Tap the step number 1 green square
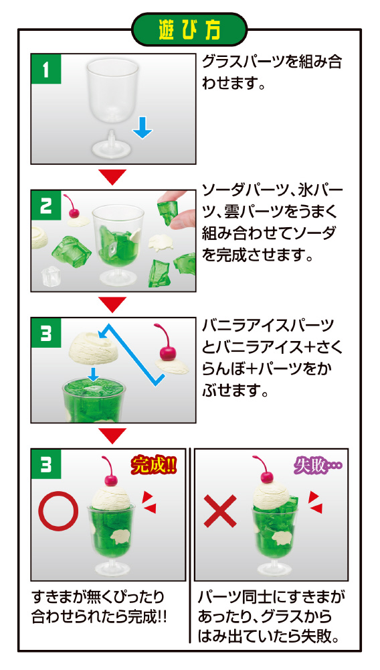coord(46,68)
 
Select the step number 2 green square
coord(46,205)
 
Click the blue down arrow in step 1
coord(142,128)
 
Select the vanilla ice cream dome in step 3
coord(90,346)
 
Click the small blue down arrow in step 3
coord(93,373)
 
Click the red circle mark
coord(58,511)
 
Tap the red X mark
coord(220,511)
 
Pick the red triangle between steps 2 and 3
coord(112,304)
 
